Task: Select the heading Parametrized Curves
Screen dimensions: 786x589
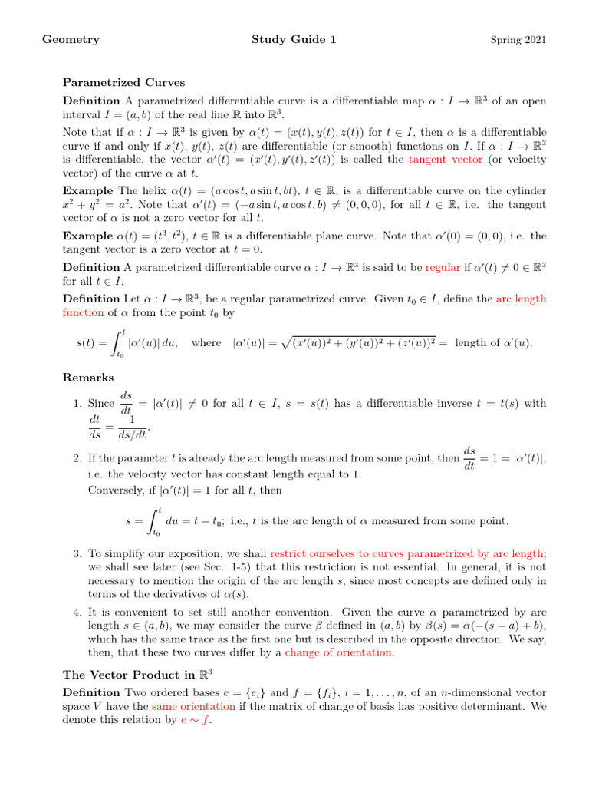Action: (123, 82)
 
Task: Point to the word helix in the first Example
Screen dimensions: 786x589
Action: (136, 190)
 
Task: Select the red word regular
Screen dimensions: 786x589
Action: (443, 267)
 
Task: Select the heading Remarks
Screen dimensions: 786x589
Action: (88, 378)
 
